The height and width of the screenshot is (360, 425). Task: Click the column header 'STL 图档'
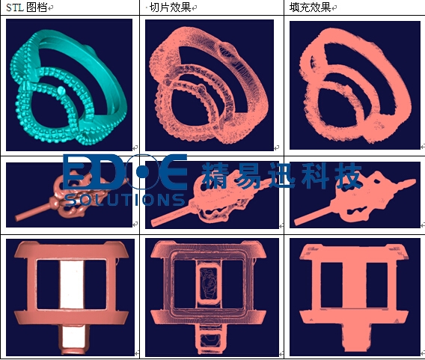27,7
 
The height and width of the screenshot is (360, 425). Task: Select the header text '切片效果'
171,7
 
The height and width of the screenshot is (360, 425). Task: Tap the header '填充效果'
310,7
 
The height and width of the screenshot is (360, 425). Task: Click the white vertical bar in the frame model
72,284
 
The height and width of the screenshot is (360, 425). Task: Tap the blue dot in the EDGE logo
143,172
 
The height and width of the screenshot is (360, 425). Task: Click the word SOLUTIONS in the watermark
125,200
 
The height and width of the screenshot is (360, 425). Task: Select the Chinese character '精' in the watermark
216,176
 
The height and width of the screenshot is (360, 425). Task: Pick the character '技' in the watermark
349,176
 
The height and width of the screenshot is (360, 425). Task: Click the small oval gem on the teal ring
61,91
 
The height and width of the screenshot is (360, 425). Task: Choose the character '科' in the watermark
316,176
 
